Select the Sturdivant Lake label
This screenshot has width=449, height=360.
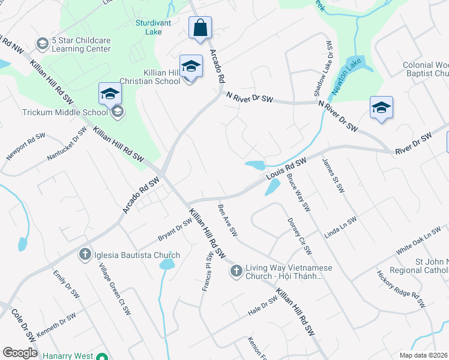[154, 27]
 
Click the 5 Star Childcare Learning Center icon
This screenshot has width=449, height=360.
[42, 44]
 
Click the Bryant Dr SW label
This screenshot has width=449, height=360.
[175, 229]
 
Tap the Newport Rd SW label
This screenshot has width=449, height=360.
[26, 146]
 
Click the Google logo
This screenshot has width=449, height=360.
[20, 353]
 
